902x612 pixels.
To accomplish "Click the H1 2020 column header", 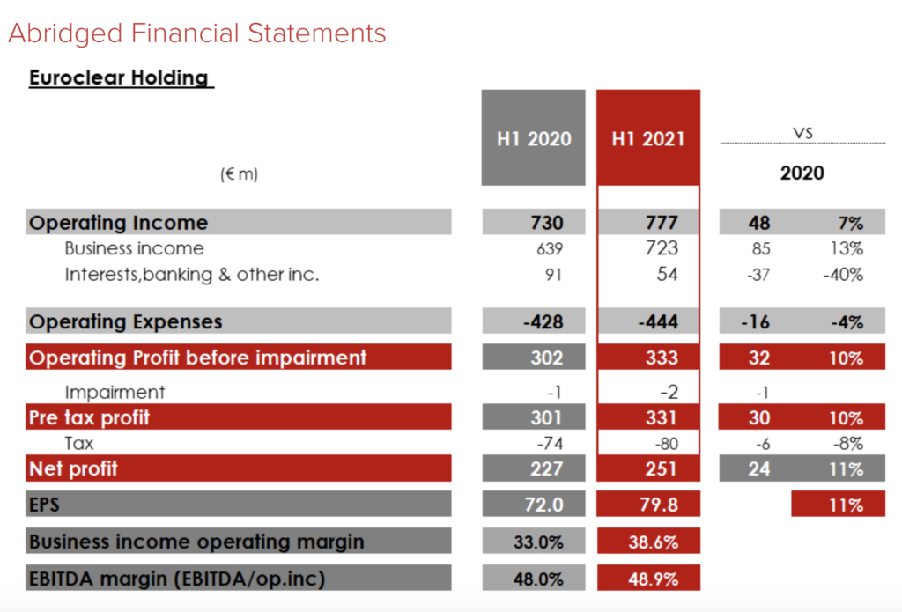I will click(533, 138).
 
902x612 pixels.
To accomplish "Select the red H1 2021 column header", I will click(648, 138).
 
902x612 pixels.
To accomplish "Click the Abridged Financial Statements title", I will click(197, 33).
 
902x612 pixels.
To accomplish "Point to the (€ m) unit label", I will click(239, 174).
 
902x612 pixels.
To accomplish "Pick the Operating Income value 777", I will click(661, 222).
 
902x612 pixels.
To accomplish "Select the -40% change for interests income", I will click(842, 275).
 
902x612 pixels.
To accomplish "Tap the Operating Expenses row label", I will click(125, 321).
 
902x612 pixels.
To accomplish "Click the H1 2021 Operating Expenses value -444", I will click(658, 321).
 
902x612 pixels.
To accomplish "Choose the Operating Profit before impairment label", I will click(197, 358).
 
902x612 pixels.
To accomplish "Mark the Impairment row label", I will click(115, 392).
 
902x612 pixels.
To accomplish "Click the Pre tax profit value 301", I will click(546, 417).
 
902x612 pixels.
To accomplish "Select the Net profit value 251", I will click(661, 468).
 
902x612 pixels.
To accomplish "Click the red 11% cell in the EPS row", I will click(844, 505).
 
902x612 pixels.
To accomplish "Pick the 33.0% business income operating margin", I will click(538, 542).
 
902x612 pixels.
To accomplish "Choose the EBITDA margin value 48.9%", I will click(653, 579).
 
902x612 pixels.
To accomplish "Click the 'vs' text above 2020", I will click(802, 133).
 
